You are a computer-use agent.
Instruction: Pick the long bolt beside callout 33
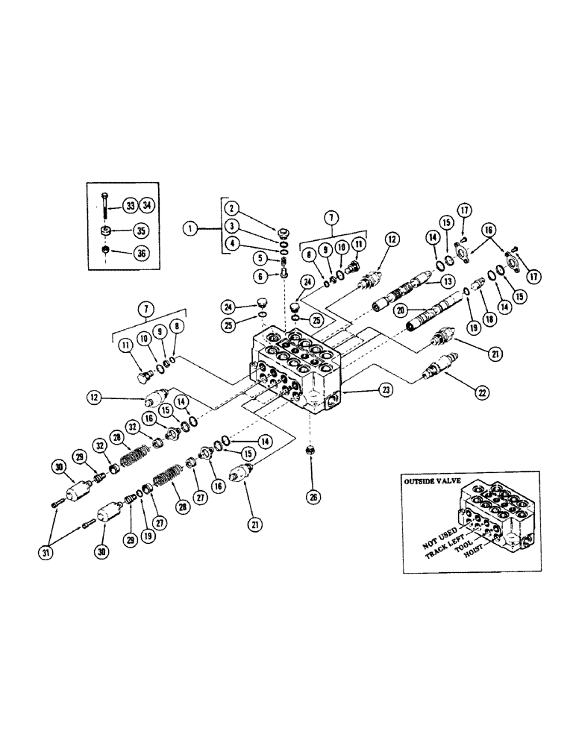coord(107,205)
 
